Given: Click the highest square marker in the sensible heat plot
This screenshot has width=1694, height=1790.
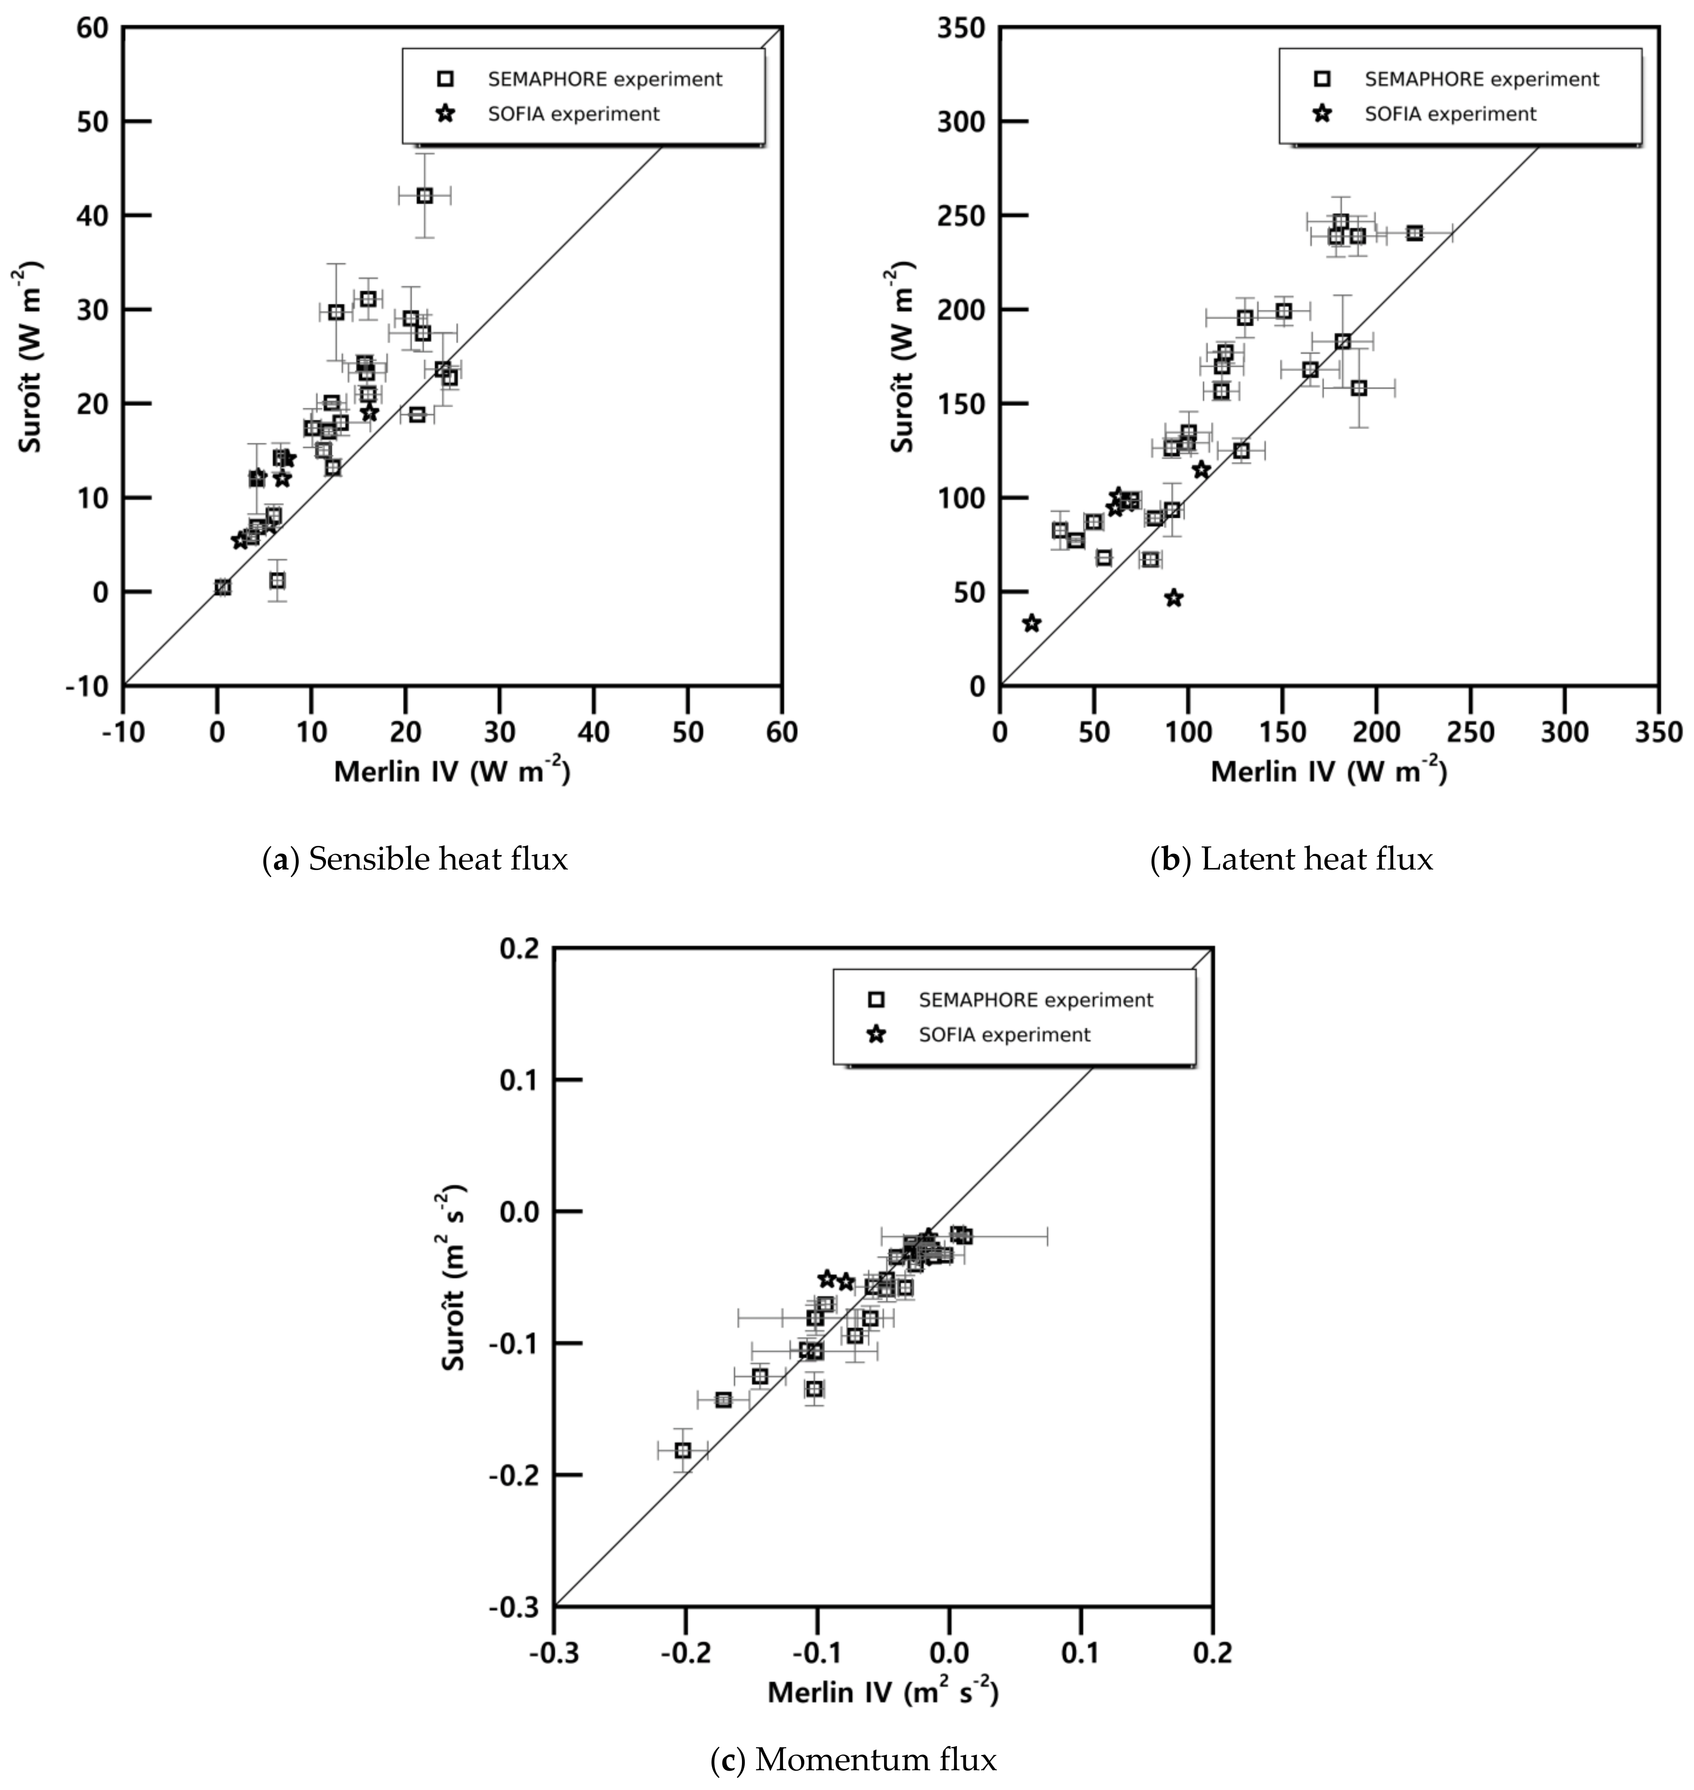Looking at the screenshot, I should pos(424,196).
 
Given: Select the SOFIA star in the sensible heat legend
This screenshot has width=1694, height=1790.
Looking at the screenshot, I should pos(444,114).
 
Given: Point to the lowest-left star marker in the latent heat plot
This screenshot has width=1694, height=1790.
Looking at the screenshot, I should pos(1031,623).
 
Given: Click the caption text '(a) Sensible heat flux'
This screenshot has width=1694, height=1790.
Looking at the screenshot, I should pos(415,858).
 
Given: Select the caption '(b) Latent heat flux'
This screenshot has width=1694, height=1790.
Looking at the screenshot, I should pos(1291,858).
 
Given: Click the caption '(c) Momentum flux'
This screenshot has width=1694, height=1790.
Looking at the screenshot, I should pos(853,1759).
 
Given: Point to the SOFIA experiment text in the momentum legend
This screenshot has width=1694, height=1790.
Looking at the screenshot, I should pos(1004,1035).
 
